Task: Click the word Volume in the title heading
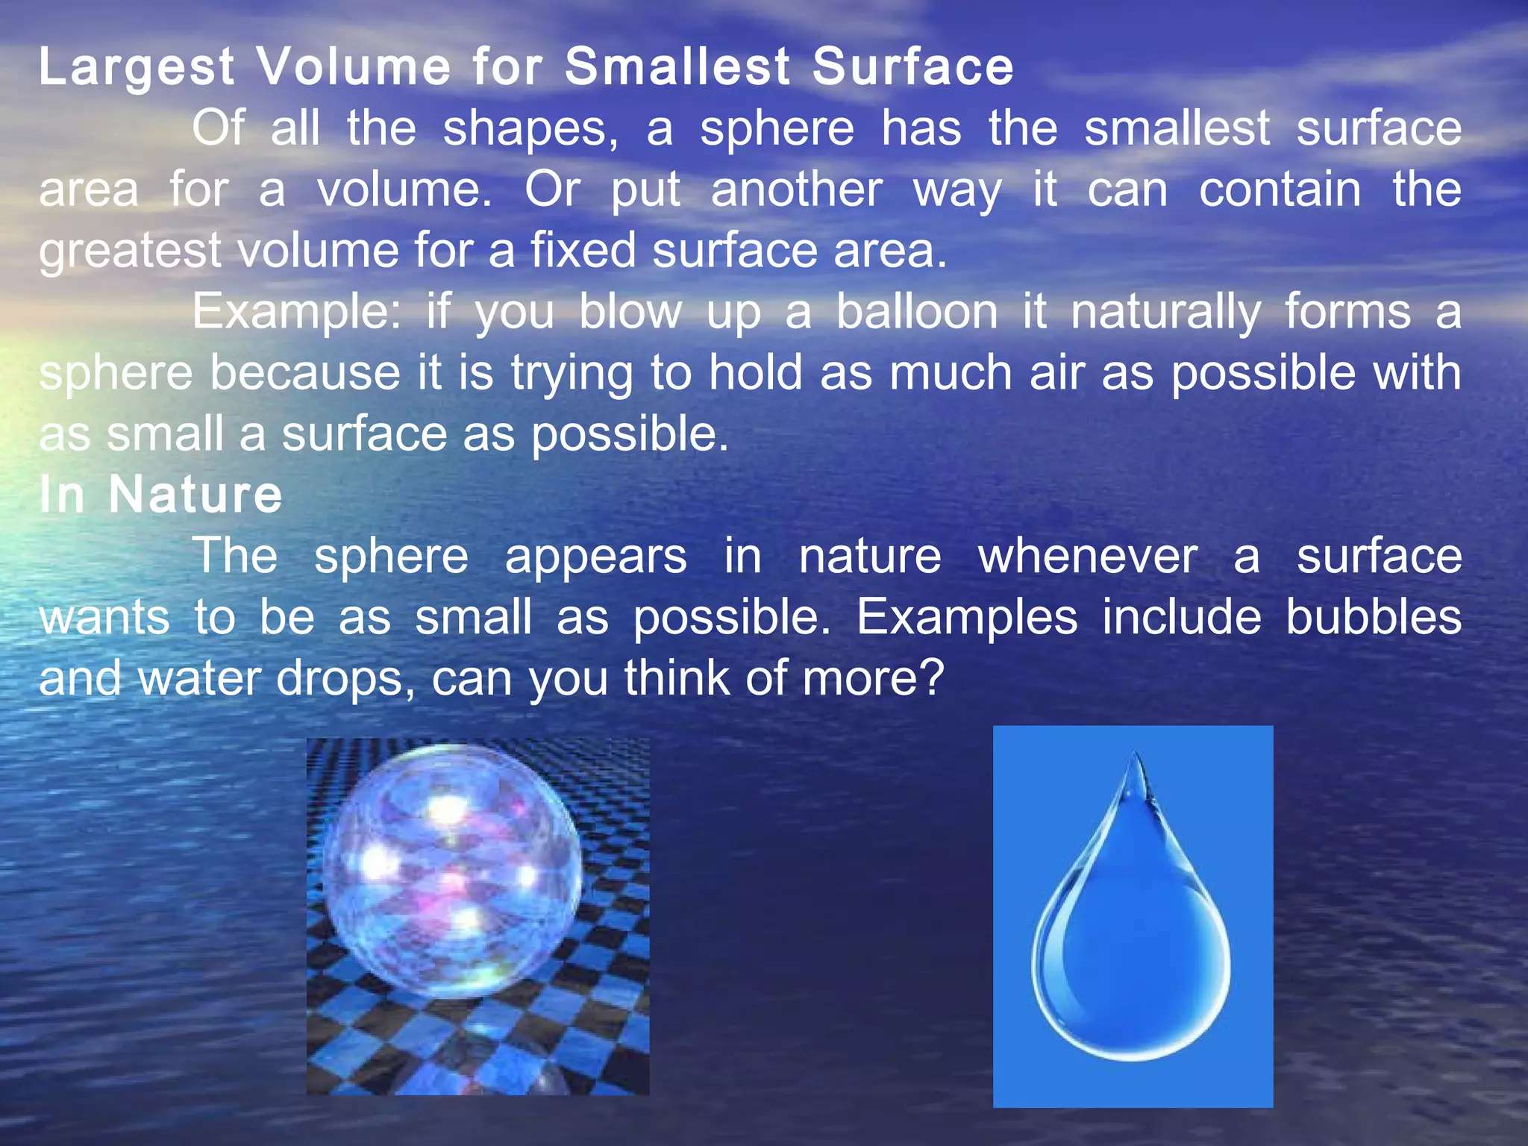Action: click(354, 67)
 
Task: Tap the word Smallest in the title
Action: click(677, 67)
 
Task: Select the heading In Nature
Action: click(160, 495)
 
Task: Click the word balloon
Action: click(917, 312)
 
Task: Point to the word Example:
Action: click(296, 313)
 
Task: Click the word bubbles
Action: click(1374, 618)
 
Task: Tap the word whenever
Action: click(1087, 557)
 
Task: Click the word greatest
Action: click(130, 252)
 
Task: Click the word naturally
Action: click(1166, 313)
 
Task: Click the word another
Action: click(797, 190)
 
